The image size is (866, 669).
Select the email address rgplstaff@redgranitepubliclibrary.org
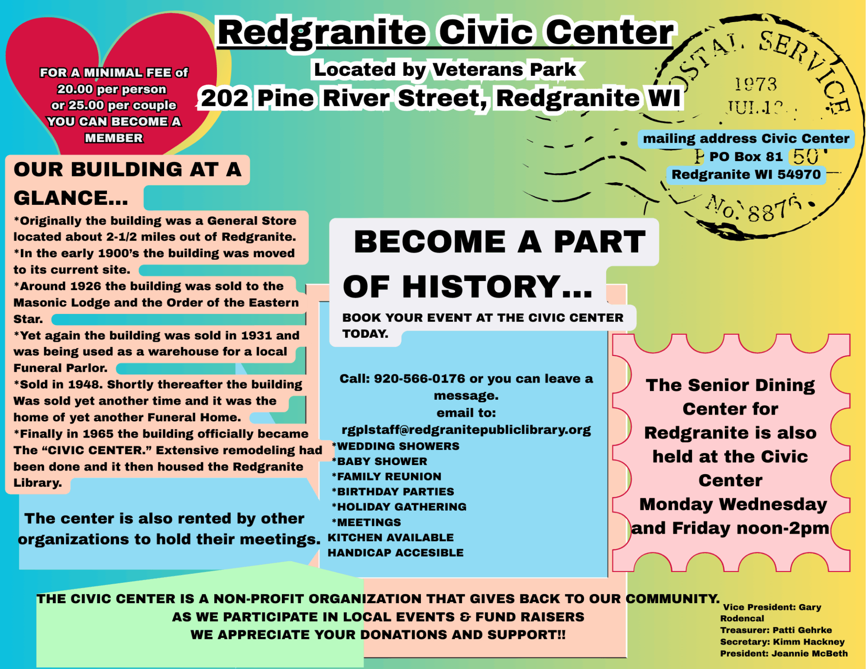[x=466, y=429]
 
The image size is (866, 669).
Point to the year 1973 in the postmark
[x=756, y=84]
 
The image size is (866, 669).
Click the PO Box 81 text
[x=746, y=157]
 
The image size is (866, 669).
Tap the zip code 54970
[x=798, y=174]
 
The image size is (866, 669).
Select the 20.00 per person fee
[x=111, y=89]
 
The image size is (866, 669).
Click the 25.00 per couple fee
[x=114, y=105]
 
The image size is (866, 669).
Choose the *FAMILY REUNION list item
[x=387, y=476]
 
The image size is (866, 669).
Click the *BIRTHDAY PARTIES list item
[x=393, y=491]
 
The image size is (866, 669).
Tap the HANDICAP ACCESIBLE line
[x=395, y=553]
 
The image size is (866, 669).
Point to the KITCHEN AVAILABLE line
[x=390, y=537]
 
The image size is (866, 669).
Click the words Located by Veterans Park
[x=445, y=69]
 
